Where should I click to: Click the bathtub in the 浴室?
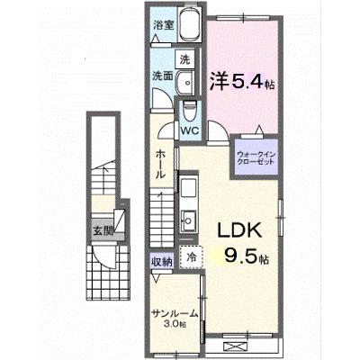pyautogui.click(x=189, y=24)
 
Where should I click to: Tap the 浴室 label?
pyautogui.click(x=164, y=25)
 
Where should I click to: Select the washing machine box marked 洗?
pyautogui.click(x=185, y=59)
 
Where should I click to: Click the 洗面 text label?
pyautogui.click(x=162, y=76)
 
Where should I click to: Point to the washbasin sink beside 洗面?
pyautogui.click(x=185, y=83)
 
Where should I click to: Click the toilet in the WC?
pyautogui.click(x=189, y=111)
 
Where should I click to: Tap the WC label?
pyautogui.click(x=190, y=130)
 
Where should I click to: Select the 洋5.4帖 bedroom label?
pyautogui.click(x=242, y=82)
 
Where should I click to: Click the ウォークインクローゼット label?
pyautogui.click(x=256, y=158)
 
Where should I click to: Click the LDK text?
pyautogui.click(x=239, y=230)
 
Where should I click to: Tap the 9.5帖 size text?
pyautogui.click(x=247, y=257)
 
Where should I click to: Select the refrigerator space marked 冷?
pyautogui.click(x=192, y=256)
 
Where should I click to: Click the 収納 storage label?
pyautogui.click(x=162, y=262)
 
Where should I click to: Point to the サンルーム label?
pyautogui.click(x=175, y=314)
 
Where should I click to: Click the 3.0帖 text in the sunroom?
pyautogui.click(x=175, y=324)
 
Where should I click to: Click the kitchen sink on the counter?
pyautogui.click(x=188, y=220)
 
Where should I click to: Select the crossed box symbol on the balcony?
pyautogui.click(x=235, y=346)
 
